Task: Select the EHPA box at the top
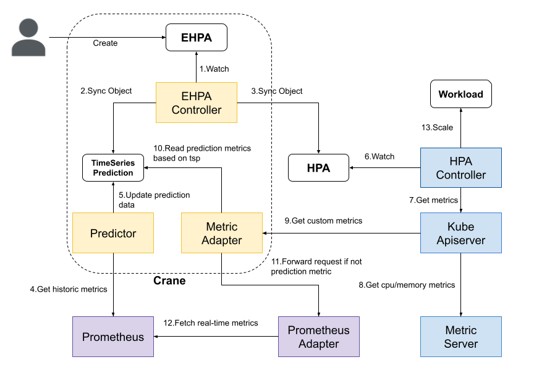coord(196,38)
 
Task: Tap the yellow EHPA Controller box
coord(196,103)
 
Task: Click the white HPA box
coord(318,168)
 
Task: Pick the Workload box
coord(460,95)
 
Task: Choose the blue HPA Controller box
coord(460,168)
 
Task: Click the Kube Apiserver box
coord(460,233)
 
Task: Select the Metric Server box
coord(460,337)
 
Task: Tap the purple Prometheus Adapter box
coord(318,337)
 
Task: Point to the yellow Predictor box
coord(113,233)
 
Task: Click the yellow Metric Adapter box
coord(221,233)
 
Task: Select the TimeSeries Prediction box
coord(113,167)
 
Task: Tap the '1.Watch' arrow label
coord(214,69)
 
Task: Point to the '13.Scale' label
coord(437,127)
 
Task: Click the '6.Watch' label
coord(379,157)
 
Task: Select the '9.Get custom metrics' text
coord(323,221)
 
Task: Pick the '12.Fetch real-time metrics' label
coord(211,322)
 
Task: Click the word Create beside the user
coord(105,43)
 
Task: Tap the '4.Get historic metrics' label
coord(68,289)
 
